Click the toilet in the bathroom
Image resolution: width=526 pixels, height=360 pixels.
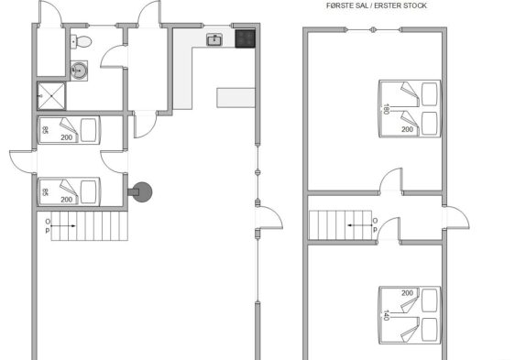[x=81, y=42]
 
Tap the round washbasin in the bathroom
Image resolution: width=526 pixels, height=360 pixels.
[x=79, y=71]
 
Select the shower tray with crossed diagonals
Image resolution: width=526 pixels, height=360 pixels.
[x=51, y=96]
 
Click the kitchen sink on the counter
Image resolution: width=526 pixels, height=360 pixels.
[x=214, y=39]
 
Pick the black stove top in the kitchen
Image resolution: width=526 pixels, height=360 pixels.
[x=246, y=38]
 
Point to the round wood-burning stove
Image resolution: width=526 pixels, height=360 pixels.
[x=140, y=192]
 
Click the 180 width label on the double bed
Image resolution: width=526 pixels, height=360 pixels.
[x=386, y=109]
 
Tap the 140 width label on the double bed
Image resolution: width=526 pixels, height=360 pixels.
[x=386, y=315]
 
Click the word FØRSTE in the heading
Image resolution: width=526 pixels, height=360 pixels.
[x=340, y=5]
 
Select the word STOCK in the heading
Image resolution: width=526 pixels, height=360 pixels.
[x=414, y=5]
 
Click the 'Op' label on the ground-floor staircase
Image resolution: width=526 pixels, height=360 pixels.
[x=48, y=226]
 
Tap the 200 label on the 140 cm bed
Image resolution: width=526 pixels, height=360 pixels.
[x=407, y=293]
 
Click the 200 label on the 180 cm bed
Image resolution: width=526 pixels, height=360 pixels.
[x=407, y=129]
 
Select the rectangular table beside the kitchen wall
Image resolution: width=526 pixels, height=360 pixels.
[x=236, y=97]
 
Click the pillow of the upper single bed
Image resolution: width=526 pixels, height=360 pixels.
[x=89, y=130]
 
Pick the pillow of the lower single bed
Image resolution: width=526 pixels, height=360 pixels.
[x=89, y=192]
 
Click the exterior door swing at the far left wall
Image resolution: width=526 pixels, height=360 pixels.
[x=23, y=162]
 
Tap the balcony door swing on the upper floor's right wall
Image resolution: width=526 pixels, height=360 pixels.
[x=456, y=218]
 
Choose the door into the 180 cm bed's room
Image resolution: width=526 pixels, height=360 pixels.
[x=390, y=180]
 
